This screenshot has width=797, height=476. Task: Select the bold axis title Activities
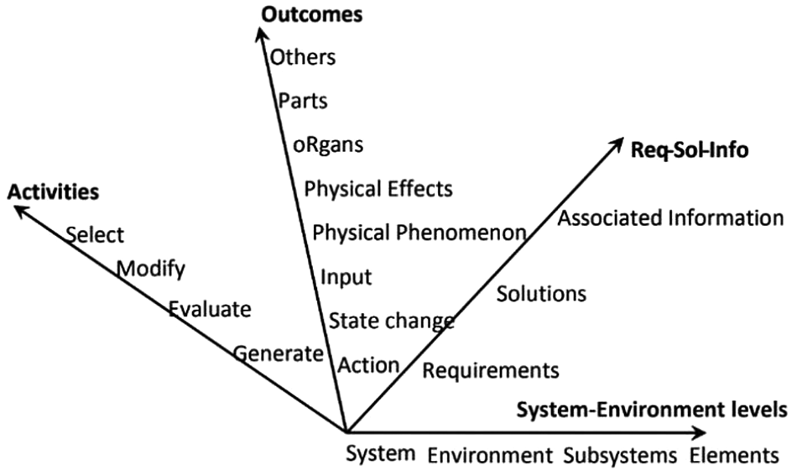click(53, 192)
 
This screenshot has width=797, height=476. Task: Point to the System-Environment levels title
click(651, 410)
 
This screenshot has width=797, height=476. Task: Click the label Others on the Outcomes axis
click(303, 58)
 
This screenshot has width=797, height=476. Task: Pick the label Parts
click(303, 102)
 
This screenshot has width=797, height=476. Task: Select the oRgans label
click(329, 144)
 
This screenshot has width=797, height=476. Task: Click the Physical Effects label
click(378, 188)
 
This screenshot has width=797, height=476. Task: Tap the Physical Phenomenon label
click(419, 232)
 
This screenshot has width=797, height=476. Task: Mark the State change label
click(391, 321)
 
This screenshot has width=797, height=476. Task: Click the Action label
click(368, 365)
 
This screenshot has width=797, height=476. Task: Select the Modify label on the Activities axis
click(151, 269)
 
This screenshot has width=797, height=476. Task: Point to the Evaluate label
click(210, 310)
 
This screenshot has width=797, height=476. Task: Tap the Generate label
click(278, 353)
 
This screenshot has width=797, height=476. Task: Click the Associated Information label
click(670, 219)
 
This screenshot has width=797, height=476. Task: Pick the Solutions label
click(541, 294)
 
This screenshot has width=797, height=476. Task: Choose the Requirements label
click(490, 370)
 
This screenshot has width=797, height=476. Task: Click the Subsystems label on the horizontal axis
click(620, 456)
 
